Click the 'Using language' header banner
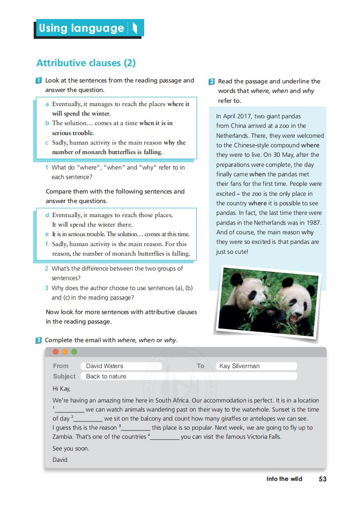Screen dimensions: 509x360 [x=89, y=29]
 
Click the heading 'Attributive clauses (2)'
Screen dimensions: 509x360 [x=86, y=63]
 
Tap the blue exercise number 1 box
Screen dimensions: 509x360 [x=39, y=81]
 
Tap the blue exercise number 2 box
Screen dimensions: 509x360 [x=212, y=82]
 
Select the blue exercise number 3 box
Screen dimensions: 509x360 [x=39, y=340]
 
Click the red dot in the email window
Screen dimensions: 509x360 [x=56, y=352]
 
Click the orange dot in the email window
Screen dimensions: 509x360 [x=65, y=352]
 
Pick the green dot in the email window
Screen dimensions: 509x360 [x=74, y=352]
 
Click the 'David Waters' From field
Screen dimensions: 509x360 [x=121, y=366]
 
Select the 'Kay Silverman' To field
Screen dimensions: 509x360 [x=257, y=366]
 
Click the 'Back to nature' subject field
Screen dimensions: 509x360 [x=188, y=376]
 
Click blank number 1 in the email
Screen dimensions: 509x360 [x=69, y=410]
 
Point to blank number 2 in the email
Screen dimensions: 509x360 [x=88, y=419]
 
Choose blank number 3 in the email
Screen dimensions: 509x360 [x=136, y=428]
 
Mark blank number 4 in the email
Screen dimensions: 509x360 [x=165, y=437]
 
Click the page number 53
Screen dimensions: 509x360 [x=322, y=479]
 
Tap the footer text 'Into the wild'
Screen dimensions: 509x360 [x=284, y=479]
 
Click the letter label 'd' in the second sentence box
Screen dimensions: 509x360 [x=47, y=215]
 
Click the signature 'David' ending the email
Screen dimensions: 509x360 [x=60, y=460]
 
